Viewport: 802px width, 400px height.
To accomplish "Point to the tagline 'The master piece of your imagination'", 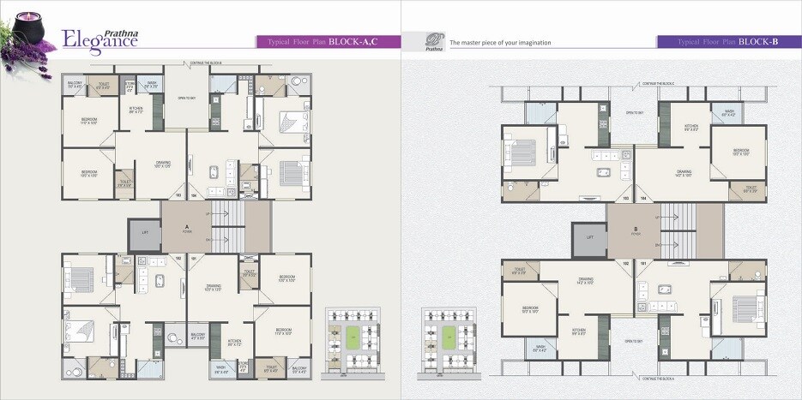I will click(501, 42).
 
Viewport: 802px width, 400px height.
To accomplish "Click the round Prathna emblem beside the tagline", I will click(436, 41).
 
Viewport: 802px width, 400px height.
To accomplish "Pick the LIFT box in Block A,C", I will click(143, 233).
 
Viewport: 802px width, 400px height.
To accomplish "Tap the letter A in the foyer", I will click(186, 227).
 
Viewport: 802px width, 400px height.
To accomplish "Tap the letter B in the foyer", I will click(635, 229).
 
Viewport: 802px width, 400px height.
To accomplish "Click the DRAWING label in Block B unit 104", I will click(684, 171).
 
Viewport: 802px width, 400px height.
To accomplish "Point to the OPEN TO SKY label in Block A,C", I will click(188, 99).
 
